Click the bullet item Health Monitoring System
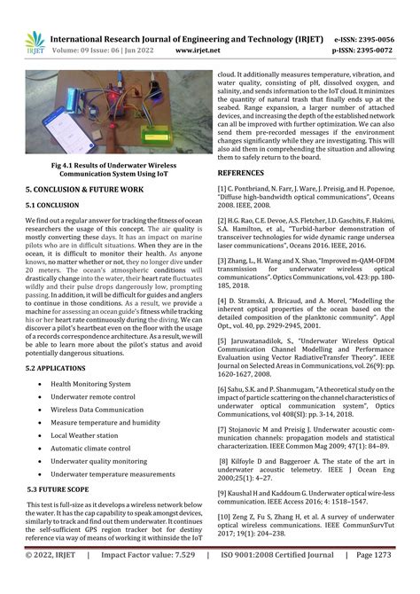(x=90, y=384)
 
